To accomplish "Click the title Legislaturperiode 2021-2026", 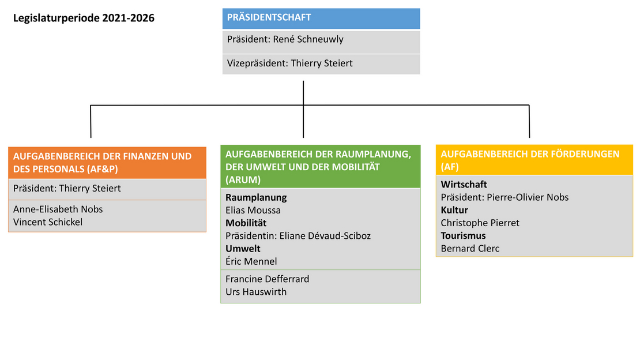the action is [x=84, y=18].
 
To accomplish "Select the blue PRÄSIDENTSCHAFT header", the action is [x=321, y=18].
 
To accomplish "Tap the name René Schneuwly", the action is [x=308, y=39].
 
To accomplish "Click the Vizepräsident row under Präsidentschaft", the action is [x=321, y=64].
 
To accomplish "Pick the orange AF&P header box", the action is [x=107, y=163].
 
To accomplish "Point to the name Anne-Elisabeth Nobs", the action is [x=58, y=209].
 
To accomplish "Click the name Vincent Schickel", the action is [x=48, y=222].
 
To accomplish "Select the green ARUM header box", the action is [x=321, y=166].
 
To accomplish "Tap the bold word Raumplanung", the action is [x=256, y=197].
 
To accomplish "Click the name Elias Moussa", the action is [x=253, y=211].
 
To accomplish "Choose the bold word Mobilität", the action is [x=246, y=223].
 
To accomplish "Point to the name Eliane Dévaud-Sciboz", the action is [x=325, y=236].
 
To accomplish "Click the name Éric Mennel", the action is [x=251, y=261].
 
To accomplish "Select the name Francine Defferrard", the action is [x=268, y=279].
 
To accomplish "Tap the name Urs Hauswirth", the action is [x=256, y=292].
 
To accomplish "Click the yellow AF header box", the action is [x=534, y=160].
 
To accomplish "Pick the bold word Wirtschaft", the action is [x=464, y=185].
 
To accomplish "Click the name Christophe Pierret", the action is [x=480, y=223].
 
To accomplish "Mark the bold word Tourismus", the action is [x=463, y=236].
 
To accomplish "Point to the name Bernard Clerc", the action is [x=470, y=249].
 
